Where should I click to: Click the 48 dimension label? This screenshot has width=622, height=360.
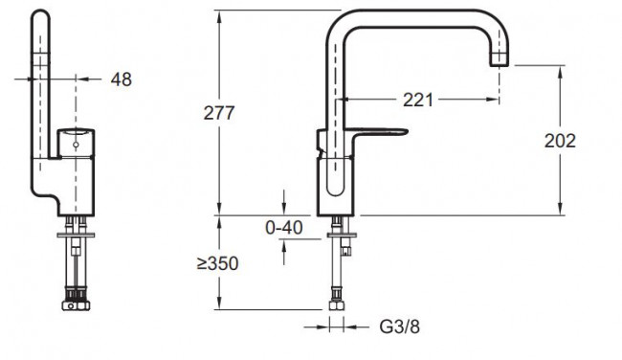(x=121, y=79)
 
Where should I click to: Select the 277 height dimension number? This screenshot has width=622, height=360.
(x=219, y=113)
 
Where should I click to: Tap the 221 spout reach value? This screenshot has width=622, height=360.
(x=418, y=100)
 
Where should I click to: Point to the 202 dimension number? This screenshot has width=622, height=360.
(x=560, y=141)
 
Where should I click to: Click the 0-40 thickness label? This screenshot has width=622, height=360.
(x=283, y=228)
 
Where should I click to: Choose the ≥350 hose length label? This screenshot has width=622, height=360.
(x=217, y=263)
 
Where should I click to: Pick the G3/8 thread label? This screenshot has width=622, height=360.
(x=399, y=326)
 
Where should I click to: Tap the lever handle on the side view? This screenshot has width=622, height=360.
(x=380, y=132)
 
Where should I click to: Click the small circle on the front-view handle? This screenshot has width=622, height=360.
(x=76, y=145)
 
